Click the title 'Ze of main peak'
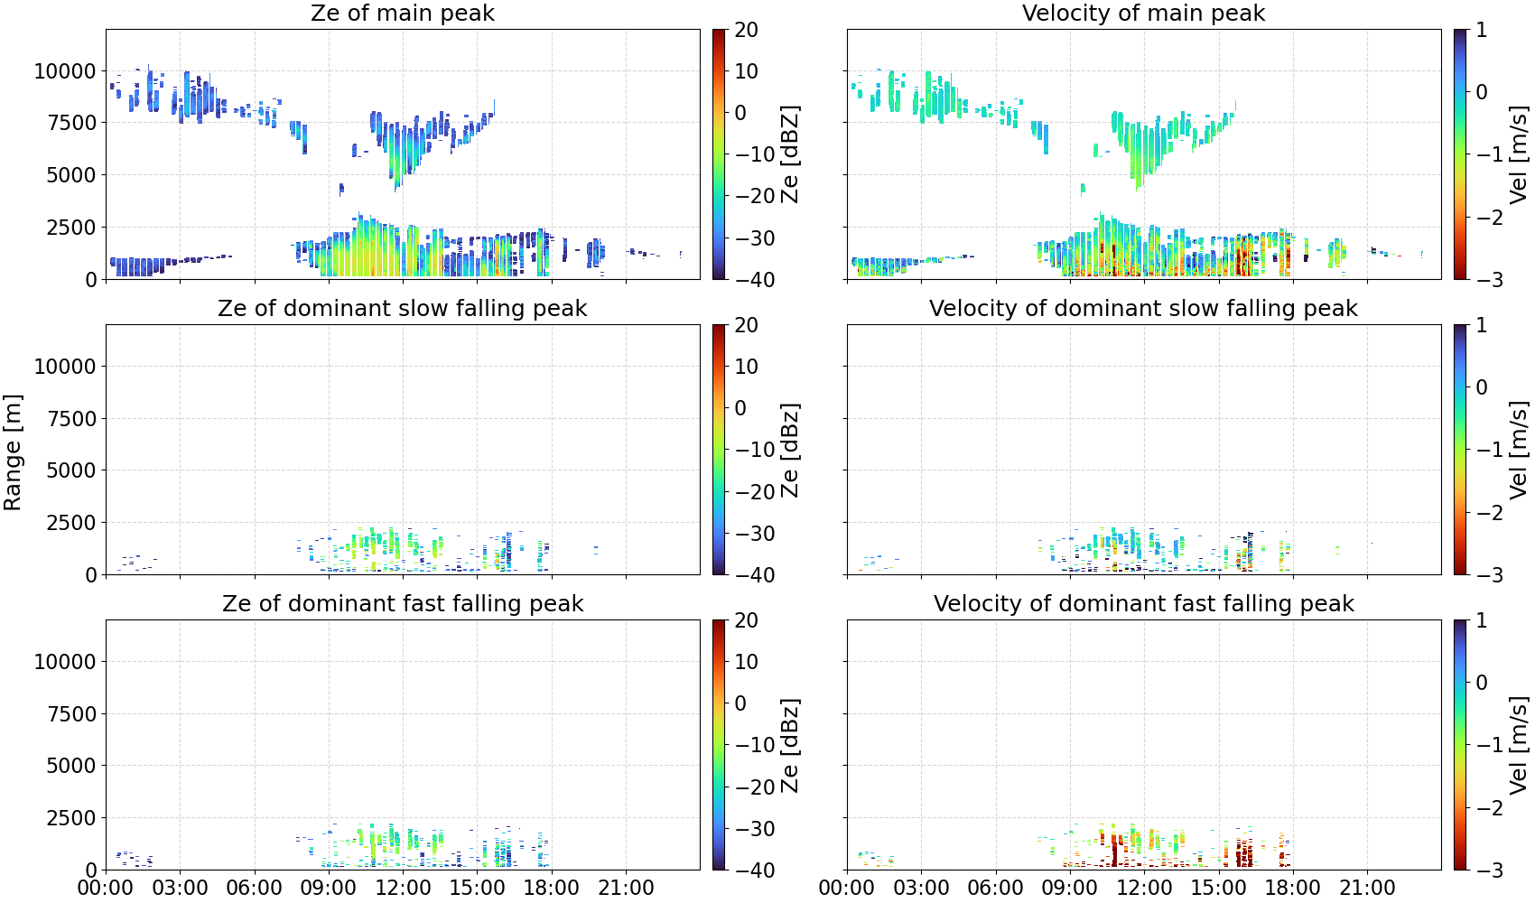402,13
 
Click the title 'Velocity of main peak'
1144,13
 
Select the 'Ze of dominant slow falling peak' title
402,308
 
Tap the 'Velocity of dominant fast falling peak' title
1144,603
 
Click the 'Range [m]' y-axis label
13,452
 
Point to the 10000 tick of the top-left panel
65,70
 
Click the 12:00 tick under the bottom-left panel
403,888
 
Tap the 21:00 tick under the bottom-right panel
1367,888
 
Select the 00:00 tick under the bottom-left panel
107,888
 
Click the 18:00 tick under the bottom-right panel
1293,888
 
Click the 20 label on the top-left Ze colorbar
746,30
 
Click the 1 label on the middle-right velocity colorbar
1482,325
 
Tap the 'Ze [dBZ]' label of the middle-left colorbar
789,450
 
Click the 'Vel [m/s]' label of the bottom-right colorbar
1519,745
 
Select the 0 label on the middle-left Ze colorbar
740,408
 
